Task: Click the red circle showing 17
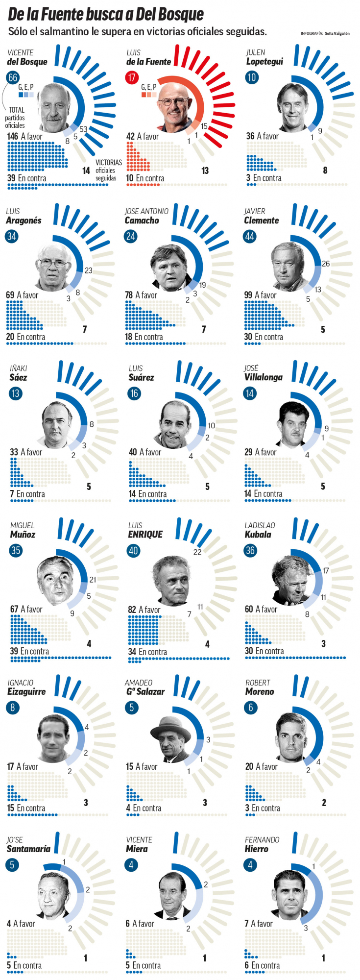pos(131,77)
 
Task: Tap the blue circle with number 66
pos(12,77)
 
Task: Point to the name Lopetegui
pos(264,62)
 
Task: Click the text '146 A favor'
pos(24,136)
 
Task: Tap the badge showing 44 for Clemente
pos(250,236)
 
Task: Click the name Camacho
pos(142,220)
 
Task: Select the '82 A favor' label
pos(144,610)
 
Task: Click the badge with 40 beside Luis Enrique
pos(133,550)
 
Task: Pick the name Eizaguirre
pos(26,692)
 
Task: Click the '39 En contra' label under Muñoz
pos(29,651)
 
